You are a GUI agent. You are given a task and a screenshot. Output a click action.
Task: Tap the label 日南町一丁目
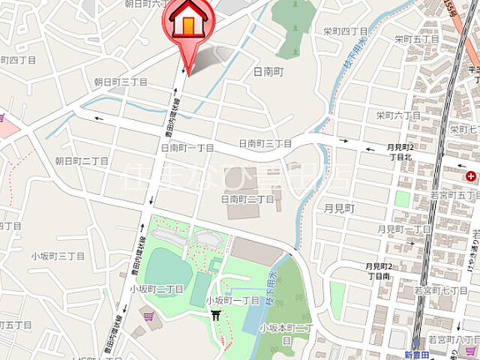pyautogui.click(x=187, y=148)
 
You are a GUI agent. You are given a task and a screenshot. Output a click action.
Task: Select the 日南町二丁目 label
pyautogui.click(x=247, y=199)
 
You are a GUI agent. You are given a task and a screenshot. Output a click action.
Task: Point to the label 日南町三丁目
pyautogui.click(x=265, y=143)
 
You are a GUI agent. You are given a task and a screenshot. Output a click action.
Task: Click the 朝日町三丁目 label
pyautogui.click(x=121, y=82)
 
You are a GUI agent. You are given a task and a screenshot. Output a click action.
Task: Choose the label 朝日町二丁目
pyautogui.click(x=82, y=161)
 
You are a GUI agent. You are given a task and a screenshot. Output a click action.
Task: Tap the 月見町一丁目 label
pyautogui.click(x=404, y=229)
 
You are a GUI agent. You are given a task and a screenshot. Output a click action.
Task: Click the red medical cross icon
pyautogui.click(x=470, y=177)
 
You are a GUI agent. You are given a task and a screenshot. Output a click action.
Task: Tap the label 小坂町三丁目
pyautogui.click(x=57, y=256)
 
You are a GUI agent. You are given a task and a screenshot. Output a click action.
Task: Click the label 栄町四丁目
pyautogui.click(x=343, y=31)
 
